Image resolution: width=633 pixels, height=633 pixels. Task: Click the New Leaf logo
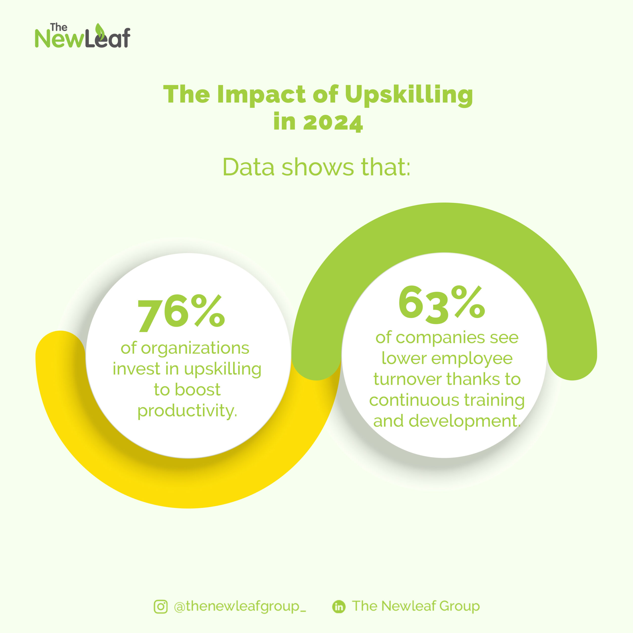point(83,36)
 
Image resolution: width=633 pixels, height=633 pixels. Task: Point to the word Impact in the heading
point(261,94)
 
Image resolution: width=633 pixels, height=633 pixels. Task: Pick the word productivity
point(187,410)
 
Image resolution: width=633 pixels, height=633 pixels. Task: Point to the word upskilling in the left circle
point(223,369)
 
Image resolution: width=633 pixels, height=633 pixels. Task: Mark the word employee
point(472,359)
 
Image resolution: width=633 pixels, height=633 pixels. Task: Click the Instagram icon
point(160,607)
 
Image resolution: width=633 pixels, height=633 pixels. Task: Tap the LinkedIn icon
point(339,607)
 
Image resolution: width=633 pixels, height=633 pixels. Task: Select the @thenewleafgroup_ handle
point(240,607)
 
